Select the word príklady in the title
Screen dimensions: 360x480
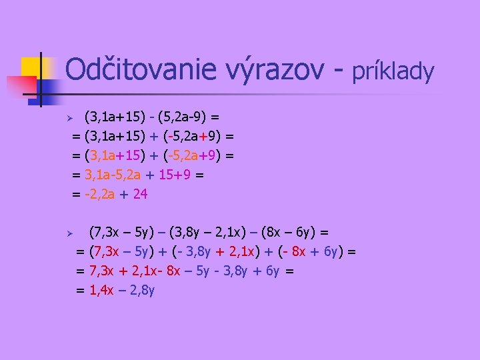coord(393,71)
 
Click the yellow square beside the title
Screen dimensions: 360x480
coord(33,67)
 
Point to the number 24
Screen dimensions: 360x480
coord(140,194)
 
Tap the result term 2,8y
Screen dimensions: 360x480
coord(141,291)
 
